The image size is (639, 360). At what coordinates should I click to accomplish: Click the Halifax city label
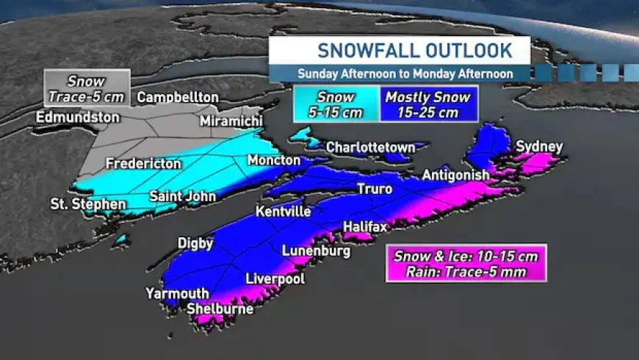pos(364,227)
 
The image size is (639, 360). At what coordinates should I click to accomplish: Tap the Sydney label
pos(539,147)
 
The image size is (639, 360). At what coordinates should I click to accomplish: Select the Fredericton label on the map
pos(142,163)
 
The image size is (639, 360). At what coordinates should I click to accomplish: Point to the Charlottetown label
pos(371,147)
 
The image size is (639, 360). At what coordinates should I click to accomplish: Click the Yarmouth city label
pos(177,293)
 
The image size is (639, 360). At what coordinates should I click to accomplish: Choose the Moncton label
pos(273,160)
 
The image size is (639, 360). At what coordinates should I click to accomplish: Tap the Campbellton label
pos(178,97)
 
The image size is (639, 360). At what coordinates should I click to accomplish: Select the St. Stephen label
pos(87,203)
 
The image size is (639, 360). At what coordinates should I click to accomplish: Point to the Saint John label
pos(182,196)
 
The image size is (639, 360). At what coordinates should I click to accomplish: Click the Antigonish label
pos(455,175)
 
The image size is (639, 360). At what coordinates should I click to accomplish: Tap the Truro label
pos(375,190)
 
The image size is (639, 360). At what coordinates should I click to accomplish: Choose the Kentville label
pos(283,212)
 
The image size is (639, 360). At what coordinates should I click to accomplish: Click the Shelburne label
pos(220,309)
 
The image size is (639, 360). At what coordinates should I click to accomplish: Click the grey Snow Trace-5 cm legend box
pos(87,88)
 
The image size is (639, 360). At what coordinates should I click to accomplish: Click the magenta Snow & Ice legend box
pos(466,263)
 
